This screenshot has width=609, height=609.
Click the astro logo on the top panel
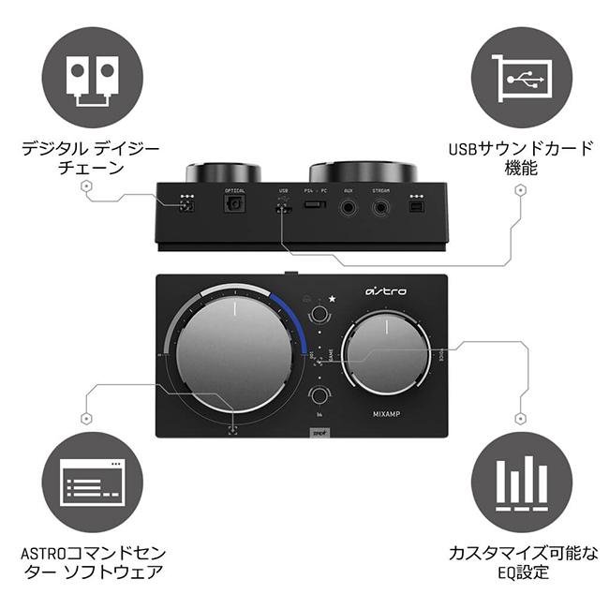pos(386,291)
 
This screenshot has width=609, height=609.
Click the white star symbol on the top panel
pos(332,299)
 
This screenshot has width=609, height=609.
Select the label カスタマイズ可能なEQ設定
pos(521,562)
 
